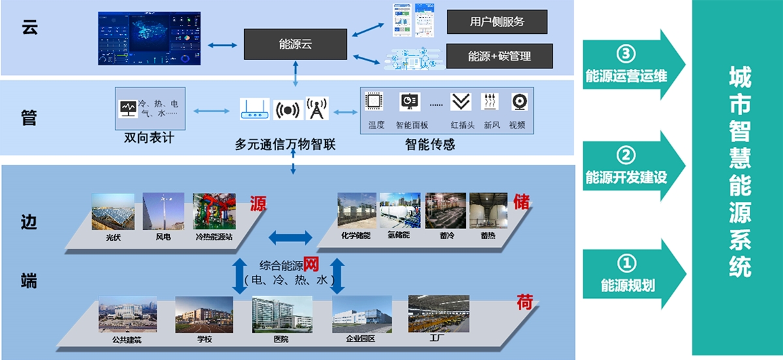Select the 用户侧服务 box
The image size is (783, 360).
497,22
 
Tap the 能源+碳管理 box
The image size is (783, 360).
499,56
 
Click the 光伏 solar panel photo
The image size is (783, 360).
113,211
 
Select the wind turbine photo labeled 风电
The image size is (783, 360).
163,211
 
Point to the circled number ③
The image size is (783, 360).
626,54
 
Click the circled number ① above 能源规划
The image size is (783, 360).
626,263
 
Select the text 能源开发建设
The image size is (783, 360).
626,177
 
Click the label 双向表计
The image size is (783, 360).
149,138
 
